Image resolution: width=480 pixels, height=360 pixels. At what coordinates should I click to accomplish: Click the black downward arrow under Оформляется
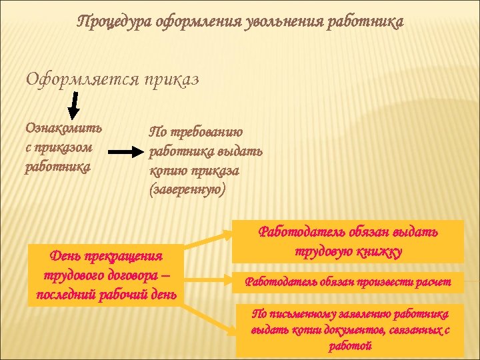(74, 103)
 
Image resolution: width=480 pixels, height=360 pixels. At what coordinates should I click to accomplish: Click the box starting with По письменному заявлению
(349, 329)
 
